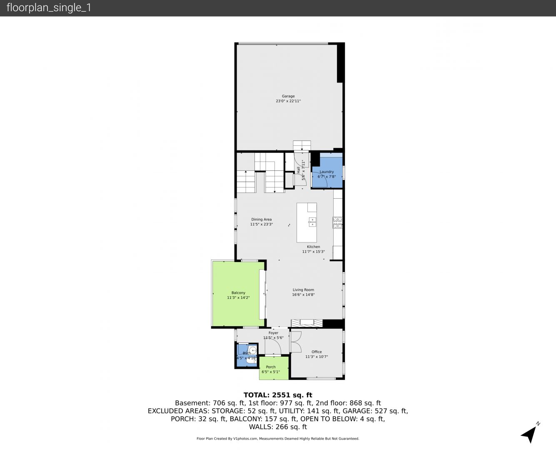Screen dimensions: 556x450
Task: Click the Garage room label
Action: (288, 96)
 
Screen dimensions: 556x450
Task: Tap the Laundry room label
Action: (327, 172)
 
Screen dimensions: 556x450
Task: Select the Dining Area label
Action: (261, 220)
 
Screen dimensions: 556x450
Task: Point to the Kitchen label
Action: (313, 247)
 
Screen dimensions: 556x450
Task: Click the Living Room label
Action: (303, 290)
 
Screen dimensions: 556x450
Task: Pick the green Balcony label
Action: (238, 293)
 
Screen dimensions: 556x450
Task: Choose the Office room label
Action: (317, 352)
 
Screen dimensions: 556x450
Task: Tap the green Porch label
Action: (271, 367)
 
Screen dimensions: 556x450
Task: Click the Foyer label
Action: (273, 333)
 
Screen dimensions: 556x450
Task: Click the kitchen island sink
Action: (312, 222)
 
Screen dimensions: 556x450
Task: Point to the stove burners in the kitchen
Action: (337, 222)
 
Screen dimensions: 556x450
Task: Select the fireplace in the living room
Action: (307, 323)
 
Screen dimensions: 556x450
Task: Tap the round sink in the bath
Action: (252, 350)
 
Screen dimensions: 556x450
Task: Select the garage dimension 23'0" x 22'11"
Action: (288, 101)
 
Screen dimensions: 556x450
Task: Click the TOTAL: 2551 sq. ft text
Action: (278, 395)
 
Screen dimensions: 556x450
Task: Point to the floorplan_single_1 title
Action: (49, 8)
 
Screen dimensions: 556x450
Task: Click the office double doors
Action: (296, 342)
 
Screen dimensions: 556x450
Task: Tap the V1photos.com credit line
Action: (278, 438)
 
